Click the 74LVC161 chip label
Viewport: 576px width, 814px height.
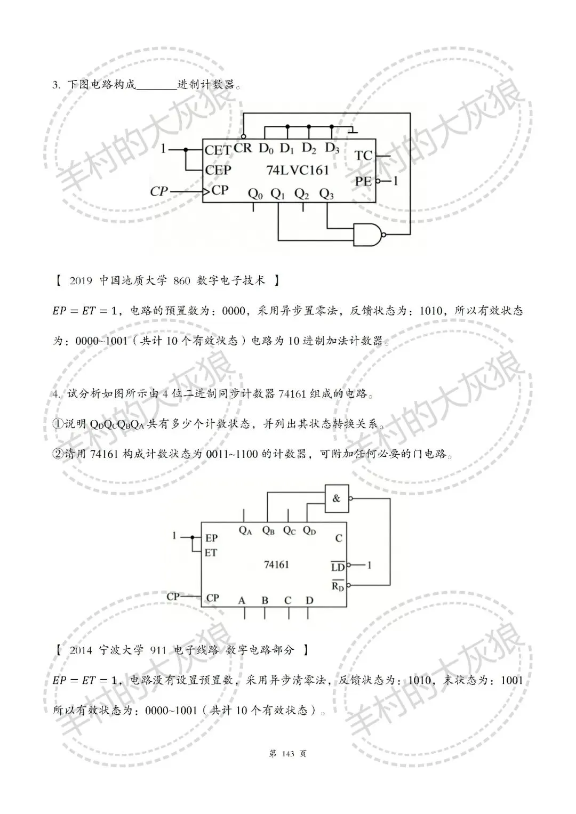[x=298, y=170]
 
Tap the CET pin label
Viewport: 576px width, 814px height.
[x=218, y=150]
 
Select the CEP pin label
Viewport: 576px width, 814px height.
[x=218, y=170]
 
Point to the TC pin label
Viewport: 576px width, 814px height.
[x=363, y=156]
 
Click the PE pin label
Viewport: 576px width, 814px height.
[x=363, y=181]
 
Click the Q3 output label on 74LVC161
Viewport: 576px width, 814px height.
[x=326, y=195]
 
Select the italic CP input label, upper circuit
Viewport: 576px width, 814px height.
[x=158, y=191]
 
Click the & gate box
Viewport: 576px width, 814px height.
[x=337, y=499]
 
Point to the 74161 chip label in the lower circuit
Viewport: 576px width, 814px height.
[x=276, y=564]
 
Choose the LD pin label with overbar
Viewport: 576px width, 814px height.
[x=338, y=567]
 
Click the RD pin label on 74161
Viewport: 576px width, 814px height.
[x=338, y=586]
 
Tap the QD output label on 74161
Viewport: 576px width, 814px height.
[x=309, y=530]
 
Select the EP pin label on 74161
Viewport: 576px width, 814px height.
[x=211, y=538]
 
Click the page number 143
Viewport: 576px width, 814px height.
[x=287, y=753]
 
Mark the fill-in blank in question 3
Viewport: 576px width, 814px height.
[x=157, y=85]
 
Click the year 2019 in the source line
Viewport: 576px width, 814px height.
[x=81, y=280]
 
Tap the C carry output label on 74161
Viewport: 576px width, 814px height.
[x=339, y=538]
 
